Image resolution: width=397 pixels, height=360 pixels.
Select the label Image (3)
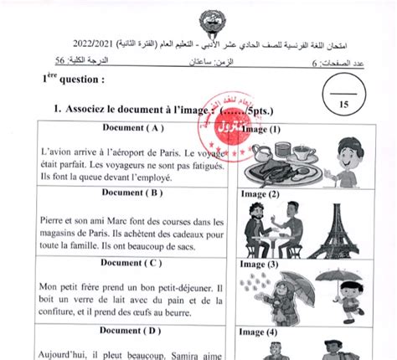(x=259, y=263)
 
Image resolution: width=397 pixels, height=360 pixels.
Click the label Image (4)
(x=259, y=332)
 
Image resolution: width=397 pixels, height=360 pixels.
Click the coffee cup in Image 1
(x=300, y=152)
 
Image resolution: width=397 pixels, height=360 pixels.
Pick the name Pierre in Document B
(x=54, y=222)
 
